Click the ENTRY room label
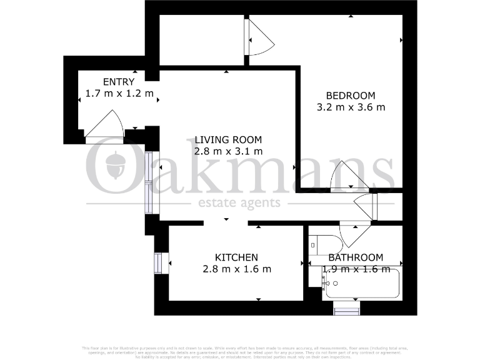click(x=118, y=82)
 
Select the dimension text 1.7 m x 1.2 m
click(x=119, y=94)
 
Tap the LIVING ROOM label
click(x=227, y=139)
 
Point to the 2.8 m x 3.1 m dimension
click(x=227, y=151)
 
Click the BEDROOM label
click(x=351, y=96)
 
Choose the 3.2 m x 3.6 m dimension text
click(x=351, y=107)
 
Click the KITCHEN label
click(x=236, y=257)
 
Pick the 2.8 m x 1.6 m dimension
click(x=236, y=269)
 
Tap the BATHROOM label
click(x=356, y=257)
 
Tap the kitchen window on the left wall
click(x=158, y=262)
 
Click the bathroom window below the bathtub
click(x=347, y=308)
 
